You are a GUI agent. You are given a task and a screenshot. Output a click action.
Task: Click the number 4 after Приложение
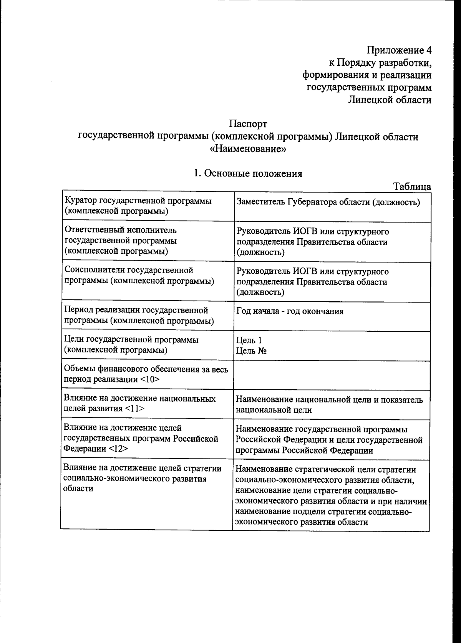[x=428, y=50]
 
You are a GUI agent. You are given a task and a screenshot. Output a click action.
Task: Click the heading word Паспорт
[x=248, y=124]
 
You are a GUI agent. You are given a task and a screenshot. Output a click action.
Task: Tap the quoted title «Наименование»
[x=248, y=149]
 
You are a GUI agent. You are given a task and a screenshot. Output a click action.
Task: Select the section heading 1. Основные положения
[x=248, y=173]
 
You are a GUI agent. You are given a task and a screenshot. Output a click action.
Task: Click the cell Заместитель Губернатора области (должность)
[x=328, y=202]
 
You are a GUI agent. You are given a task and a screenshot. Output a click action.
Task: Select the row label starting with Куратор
[x=138, y=206]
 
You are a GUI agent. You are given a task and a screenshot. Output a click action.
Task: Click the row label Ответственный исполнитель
[x=121, y=230]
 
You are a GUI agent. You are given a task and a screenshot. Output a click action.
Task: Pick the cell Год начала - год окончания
[x=290, y=311]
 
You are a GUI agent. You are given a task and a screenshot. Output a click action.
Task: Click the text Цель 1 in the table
[x=249, y=340]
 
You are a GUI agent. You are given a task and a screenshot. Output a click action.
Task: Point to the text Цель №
[x=252, y=351]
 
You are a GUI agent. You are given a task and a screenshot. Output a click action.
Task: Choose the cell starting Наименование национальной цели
[x=329, y=404]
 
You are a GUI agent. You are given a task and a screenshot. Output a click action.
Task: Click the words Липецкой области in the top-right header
[x=389, y=100]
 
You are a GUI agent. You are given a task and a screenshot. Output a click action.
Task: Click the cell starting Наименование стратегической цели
[x=330, y=495]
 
